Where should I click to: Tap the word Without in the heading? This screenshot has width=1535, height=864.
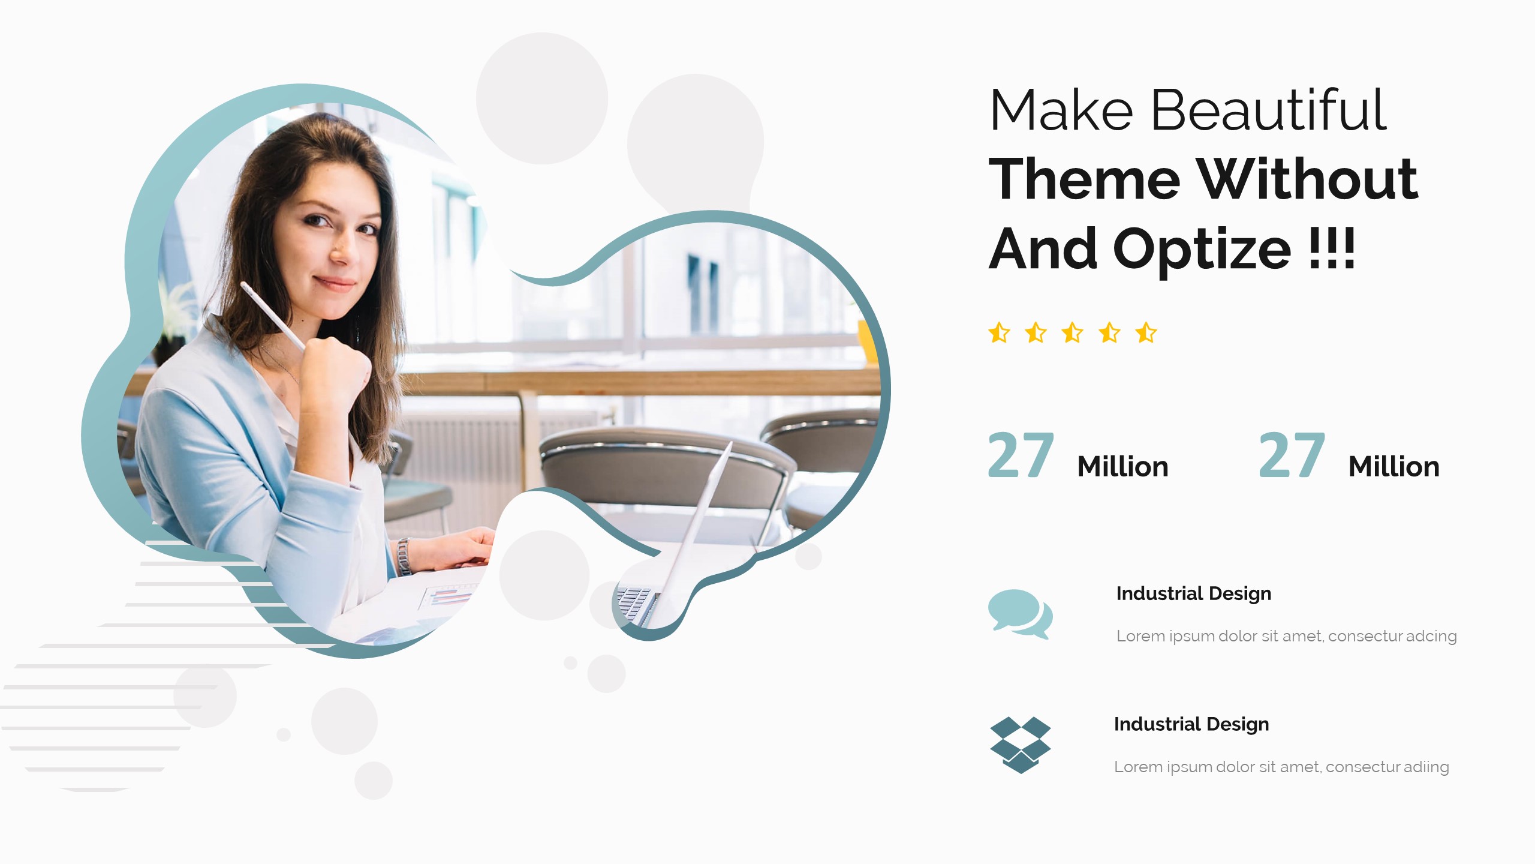[x=1307, y=178]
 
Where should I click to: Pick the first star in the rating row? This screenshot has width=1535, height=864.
[x=999, y=332]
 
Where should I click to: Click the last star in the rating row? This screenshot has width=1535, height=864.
[x=1146, y=332]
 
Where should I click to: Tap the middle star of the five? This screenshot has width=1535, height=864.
[x=1073, y=332]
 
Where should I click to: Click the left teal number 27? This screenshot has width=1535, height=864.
[x=1021, y=455]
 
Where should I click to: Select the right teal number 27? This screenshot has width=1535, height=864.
[x=1292, y=455]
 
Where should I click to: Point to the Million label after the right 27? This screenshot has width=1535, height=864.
[x=1394, y=466]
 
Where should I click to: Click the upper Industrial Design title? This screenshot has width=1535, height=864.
[x=1194, y=593]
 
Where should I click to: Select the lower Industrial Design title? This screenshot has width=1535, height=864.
[x=1191, y=724]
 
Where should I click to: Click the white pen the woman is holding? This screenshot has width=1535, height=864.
[x=273, y=316]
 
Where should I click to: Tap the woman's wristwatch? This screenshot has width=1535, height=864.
[x=404, y=556]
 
